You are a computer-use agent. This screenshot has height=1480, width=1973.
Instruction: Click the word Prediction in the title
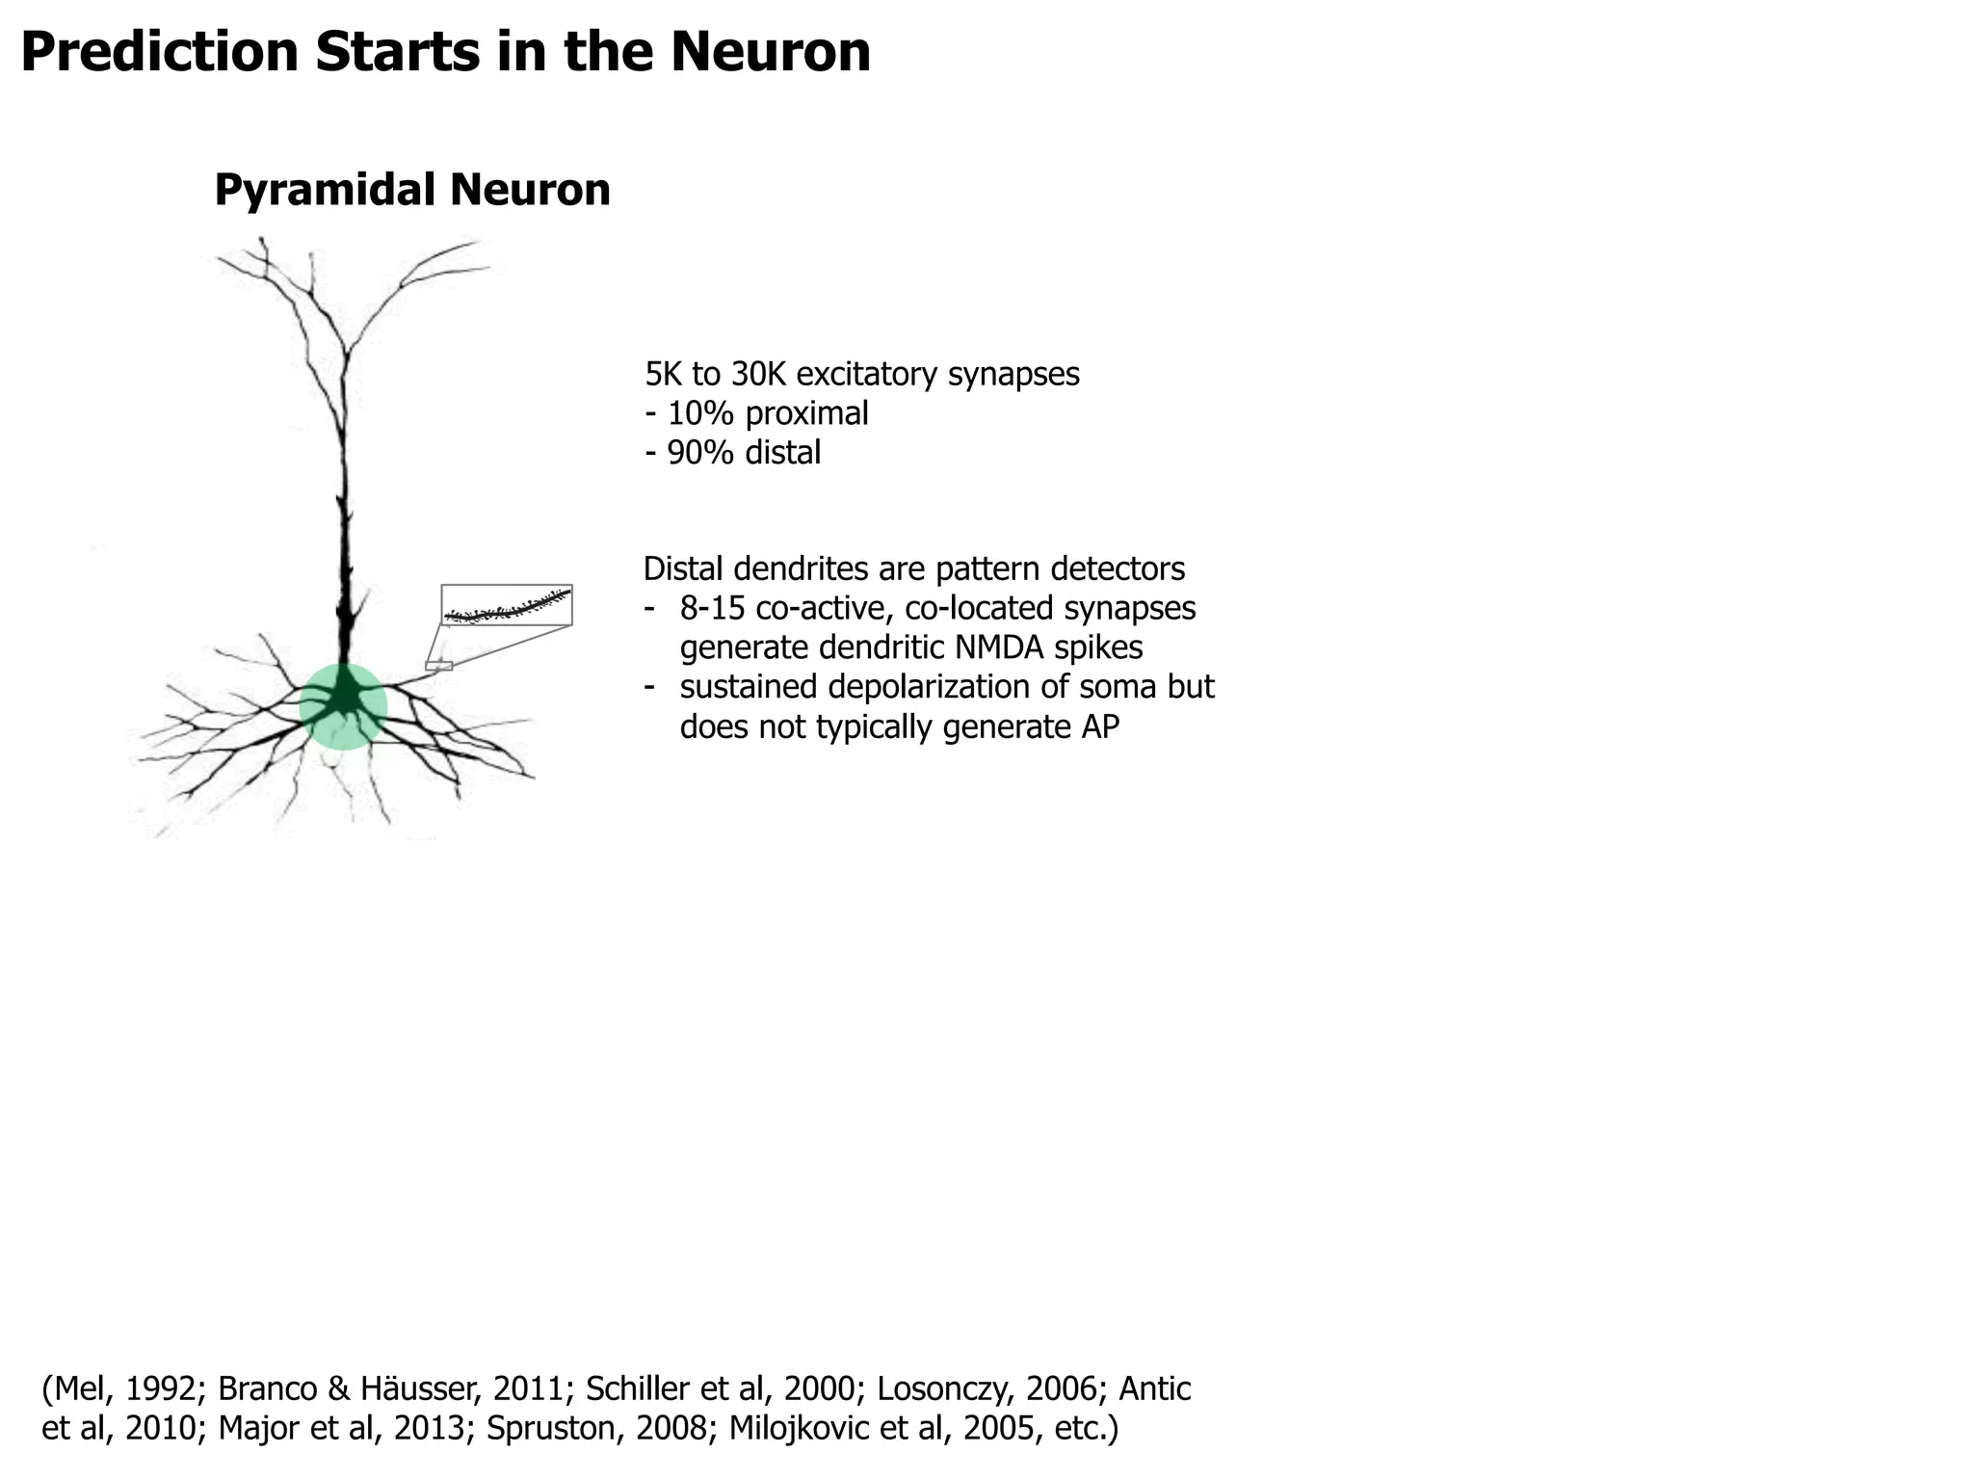coord(160,52)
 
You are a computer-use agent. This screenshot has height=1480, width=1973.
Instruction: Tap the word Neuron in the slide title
coord(771,52)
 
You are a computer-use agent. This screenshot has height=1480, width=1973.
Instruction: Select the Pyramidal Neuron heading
coord(411,190)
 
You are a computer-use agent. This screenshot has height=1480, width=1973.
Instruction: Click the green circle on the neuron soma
coord(343,706)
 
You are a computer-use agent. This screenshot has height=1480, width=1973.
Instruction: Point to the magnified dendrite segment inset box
coord(507,605)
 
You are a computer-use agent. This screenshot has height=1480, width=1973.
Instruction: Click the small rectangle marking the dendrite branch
coord(438,666)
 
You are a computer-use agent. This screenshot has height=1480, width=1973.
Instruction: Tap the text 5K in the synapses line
coord(663,374)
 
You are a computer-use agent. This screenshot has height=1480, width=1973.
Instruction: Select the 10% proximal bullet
coord(756,413)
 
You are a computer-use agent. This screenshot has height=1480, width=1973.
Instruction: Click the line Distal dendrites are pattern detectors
coord(913,568)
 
